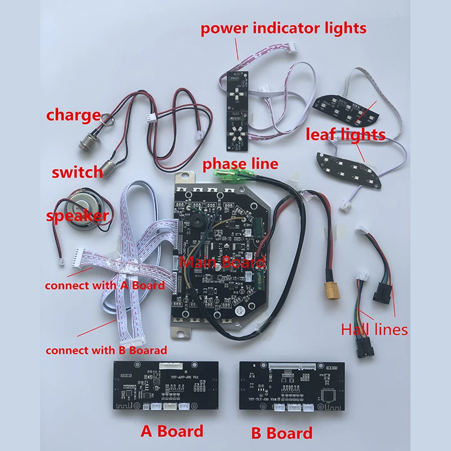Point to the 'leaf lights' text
coord(346,135)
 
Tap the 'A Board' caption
coord(171,431)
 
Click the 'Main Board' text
coord(222,262)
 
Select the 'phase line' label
coord(241,163)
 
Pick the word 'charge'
coord(73,116)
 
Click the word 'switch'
coord(77,171)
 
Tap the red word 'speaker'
coord(78,216)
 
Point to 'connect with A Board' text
coord(105,285)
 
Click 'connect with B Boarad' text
coord(107,350)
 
